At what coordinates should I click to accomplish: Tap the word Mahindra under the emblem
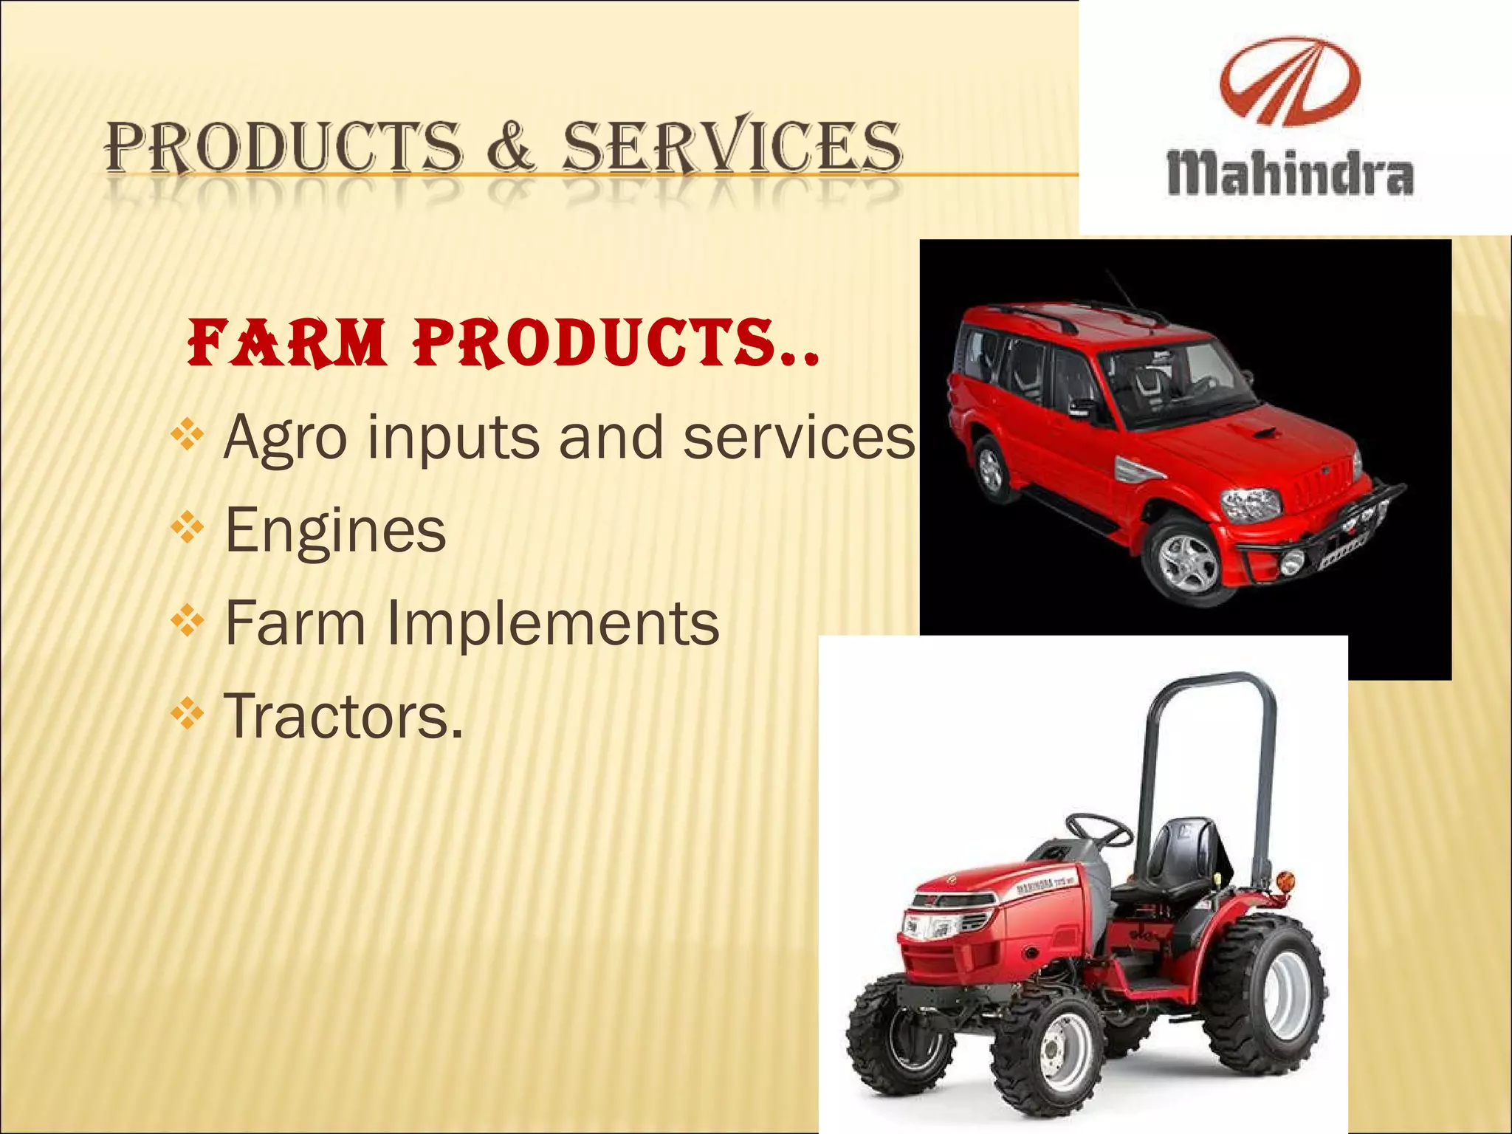point(1290,175)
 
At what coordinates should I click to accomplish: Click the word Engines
point(335,530)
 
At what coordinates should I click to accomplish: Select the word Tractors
point(344,716)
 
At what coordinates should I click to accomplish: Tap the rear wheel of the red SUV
point(991,470)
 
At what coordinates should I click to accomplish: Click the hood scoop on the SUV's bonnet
point(1267,433)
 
